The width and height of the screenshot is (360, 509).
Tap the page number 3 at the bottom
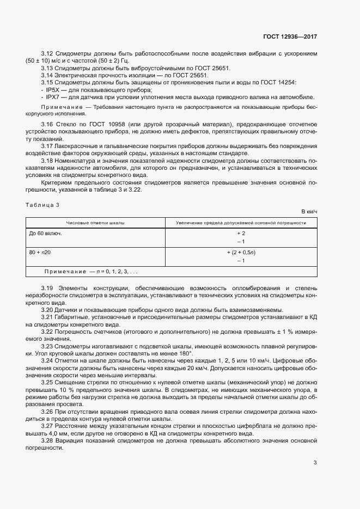[x=315, y=463]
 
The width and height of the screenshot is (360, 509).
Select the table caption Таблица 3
[x=42, y=204]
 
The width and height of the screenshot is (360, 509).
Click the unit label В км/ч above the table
[x=309, y=211]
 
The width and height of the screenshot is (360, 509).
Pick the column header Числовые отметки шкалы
[x=95, y=223]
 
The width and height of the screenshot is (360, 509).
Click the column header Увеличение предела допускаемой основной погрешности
[x=240, y=223]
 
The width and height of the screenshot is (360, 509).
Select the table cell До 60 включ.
[x=45, y=233]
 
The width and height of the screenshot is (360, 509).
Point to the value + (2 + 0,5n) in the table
[x=240, y=253]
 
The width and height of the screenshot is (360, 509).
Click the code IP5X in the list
[x=53, y=89]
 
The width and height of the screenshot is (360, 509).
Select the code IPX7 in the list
[x=53, y=97]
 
